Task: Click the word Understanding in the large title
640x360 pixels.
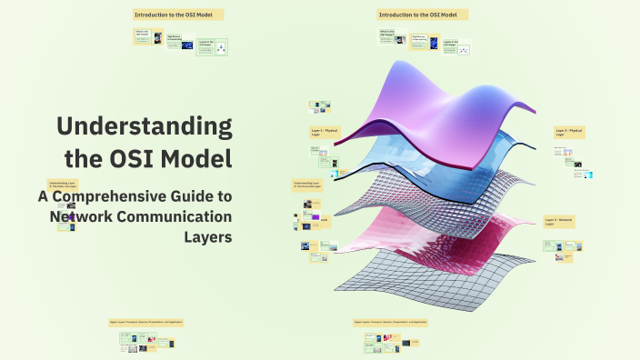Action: (144, 127)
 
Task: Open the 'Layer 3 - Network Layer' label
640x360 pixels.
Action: (559, 222)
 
